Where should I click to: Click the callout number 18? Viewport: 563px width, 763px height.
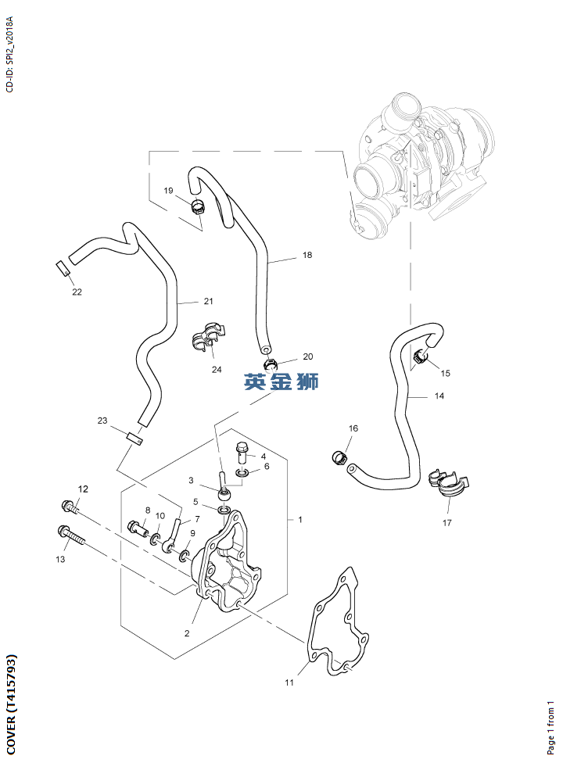point(307,255)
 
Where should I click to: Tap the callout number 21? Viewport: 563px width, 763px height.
point(208,301)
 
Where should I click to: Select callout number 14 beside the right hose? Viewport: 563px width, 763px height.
point(439,396)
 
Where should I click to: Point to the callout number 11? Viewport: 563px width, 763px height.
point(289,682)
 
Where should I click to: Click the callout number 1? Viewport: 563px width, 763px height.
point(300,520)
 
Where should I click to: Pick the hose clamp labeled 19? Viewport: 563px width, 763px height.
point(198,208)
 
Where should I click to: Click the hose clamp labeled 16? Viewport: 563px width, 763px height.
point(339,457)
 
